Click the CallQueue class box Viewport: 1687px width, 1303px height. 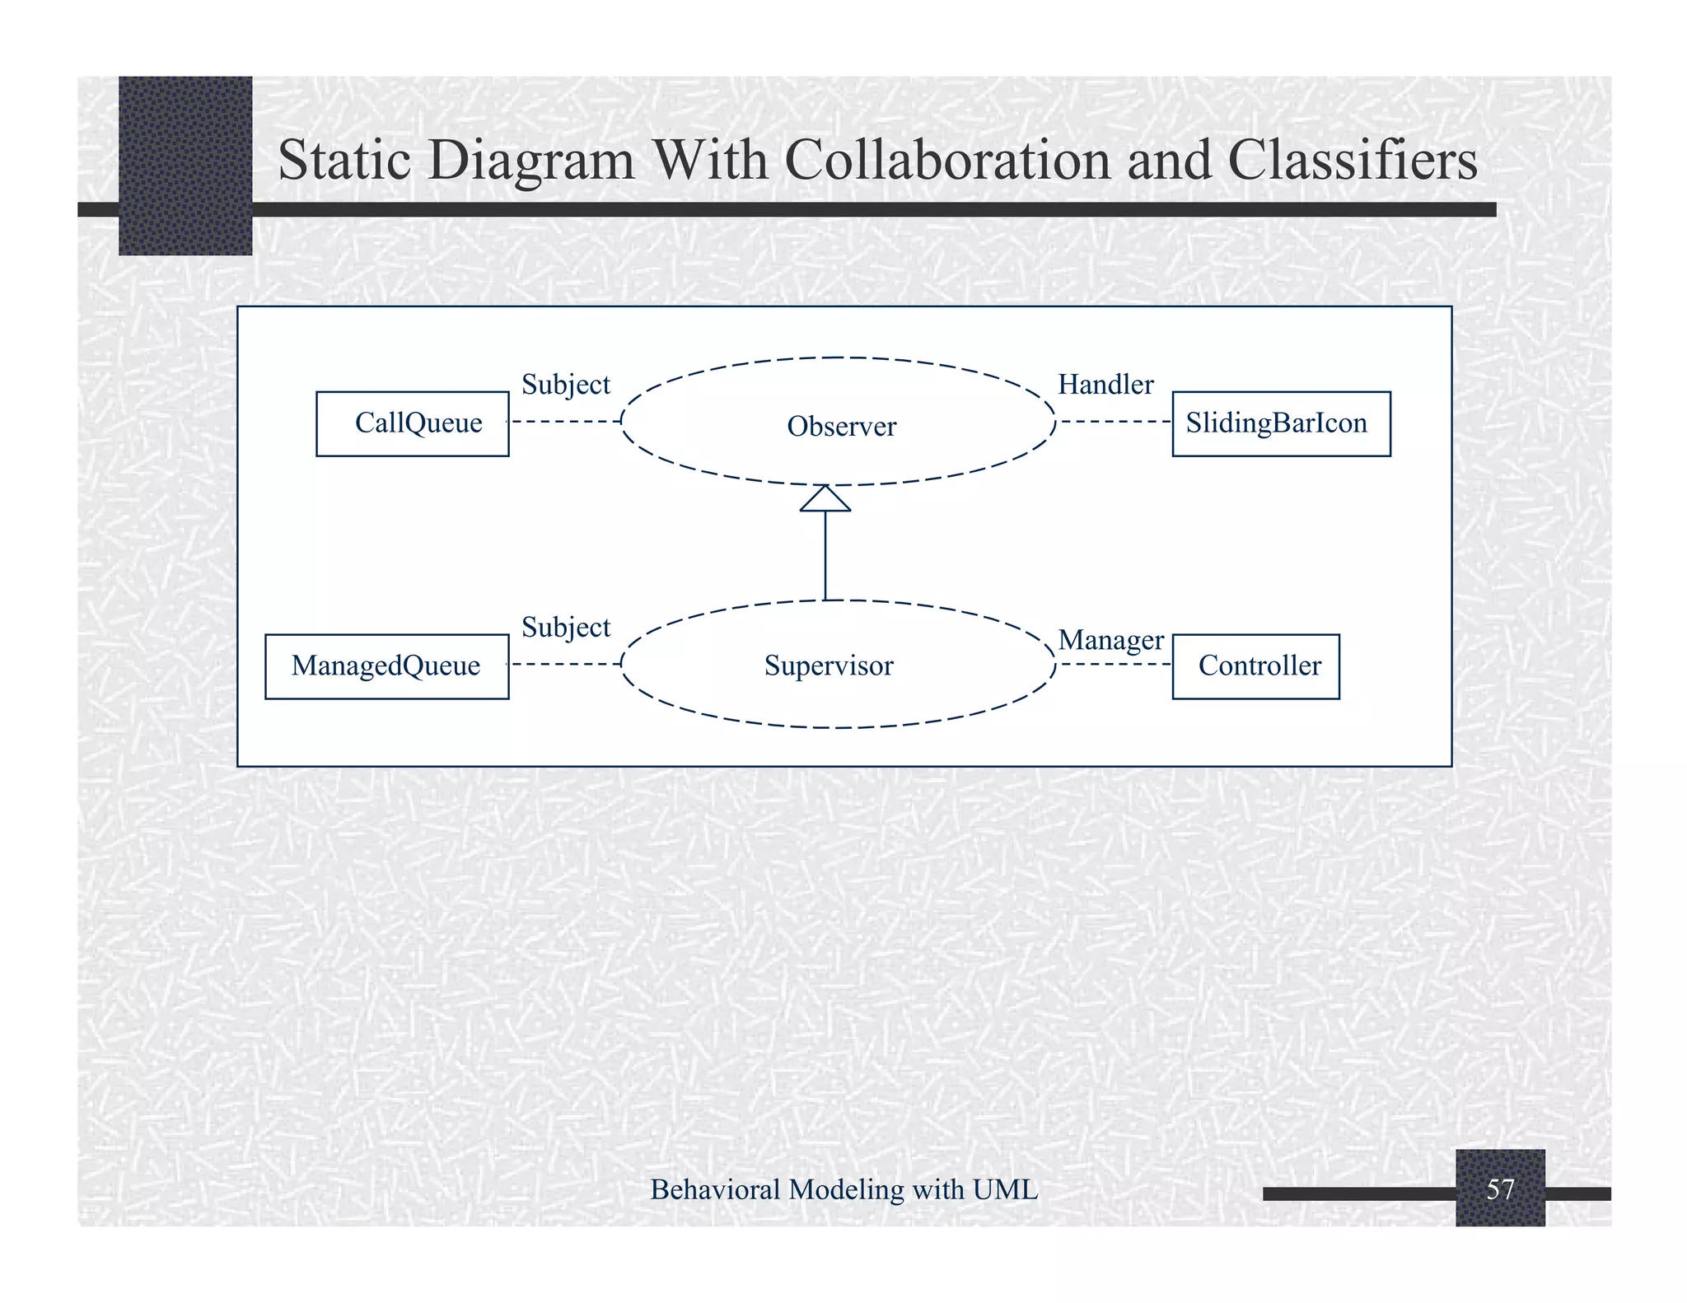(413, 423)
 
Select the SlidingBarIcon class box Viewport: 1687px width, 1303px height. (1281, 423)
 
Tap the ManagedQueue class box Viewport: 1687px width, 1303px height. (386, 666)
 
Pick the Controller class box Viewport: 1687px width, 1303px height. (1255, 666)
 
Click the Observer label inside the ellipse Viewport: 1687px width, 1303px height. (841, 427)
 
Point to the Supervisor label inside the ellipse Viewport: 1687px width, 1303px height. (829, 666)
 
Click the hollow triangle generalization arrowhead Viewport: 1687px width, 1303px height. (825, 499)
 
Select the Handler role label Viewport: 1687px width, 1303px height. (1105, 385)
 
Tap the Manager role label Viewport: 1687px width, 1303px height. (1110, 640)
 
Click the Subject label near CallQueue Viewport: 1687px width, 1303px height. (566, 385)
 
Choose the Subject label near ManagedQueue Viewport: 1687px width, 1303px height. (566, 628)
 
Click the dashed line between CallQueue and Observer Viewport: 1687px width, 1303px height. (565, 422)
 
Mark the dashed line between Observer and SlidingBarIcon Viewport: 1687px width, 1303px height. (1115, 422)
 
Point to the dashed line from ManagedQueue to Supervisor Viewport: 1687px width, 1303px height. (565, 664)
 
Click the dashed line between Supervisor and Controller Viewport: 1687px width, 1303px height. (1115, 664)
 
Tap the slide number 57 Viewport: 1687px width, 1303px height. (1500, 1189)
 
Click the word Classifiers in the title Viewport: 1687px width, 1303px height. (1353, 160)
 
